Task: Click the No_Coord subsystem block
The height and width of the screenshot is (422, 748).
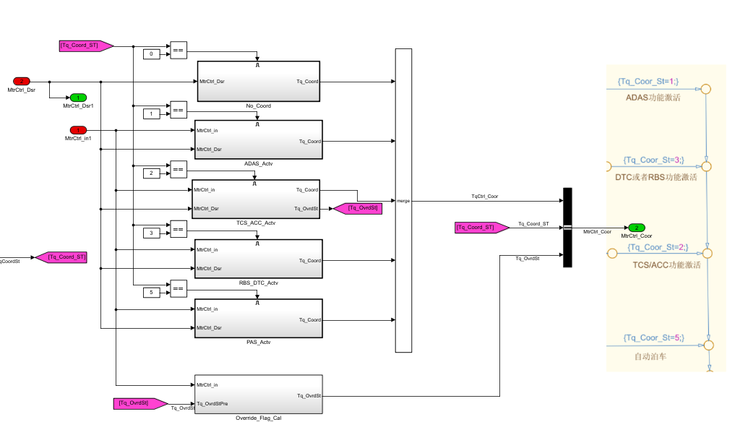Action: (x=258, y=82)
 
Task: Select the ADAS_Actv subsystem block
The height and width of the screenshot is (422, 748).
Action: (x=258, y=140)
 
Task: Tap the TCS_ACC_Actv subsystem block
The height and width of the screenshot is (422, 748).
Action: (x=255, y=199)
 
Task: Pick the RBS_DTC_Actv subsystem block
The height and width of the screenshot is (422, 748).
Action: (x=258, y=259)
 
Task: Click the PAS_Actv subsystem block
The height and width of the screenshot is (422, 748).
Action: (x=258, y=319)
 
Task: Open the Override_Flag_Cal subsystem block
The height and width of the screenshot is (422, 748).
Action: (x=258, y=395)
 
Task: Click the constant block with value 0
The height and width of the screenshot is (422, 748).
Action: (x=151, y=54)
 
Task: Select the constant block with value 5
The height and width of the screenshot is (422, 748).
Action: (x=151, y=292)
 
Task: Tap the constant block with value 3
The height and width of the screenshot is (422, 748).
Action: (x=151, y=233)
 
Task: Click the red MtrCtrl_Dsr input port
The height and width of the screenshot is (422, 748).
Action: (x=22, y=81)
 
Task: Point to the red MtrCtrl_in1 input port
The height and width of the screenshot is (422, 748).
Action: (x=78, y=130)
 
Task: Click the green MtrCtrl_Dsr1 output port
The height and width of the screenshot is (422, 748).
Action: (x=77, y=98)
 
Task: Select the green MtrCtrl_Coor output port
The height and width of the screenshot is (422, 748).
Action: (x=636, y=228)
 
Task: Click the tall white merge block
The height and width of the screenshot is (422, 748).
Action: (x=403, y=200)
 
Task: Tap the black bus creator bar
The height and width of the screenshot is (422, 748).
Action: (x=567, y=227)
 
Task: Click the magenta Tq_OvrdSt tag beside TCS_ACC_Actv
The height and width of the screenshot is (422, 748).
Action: (x=356, y=208)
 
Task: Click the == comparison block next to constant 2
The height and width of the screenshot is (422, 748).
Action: (x=178, y=171)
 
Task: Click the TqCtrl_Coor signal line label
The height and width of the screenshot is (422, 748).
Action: (x=484, y=196)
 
